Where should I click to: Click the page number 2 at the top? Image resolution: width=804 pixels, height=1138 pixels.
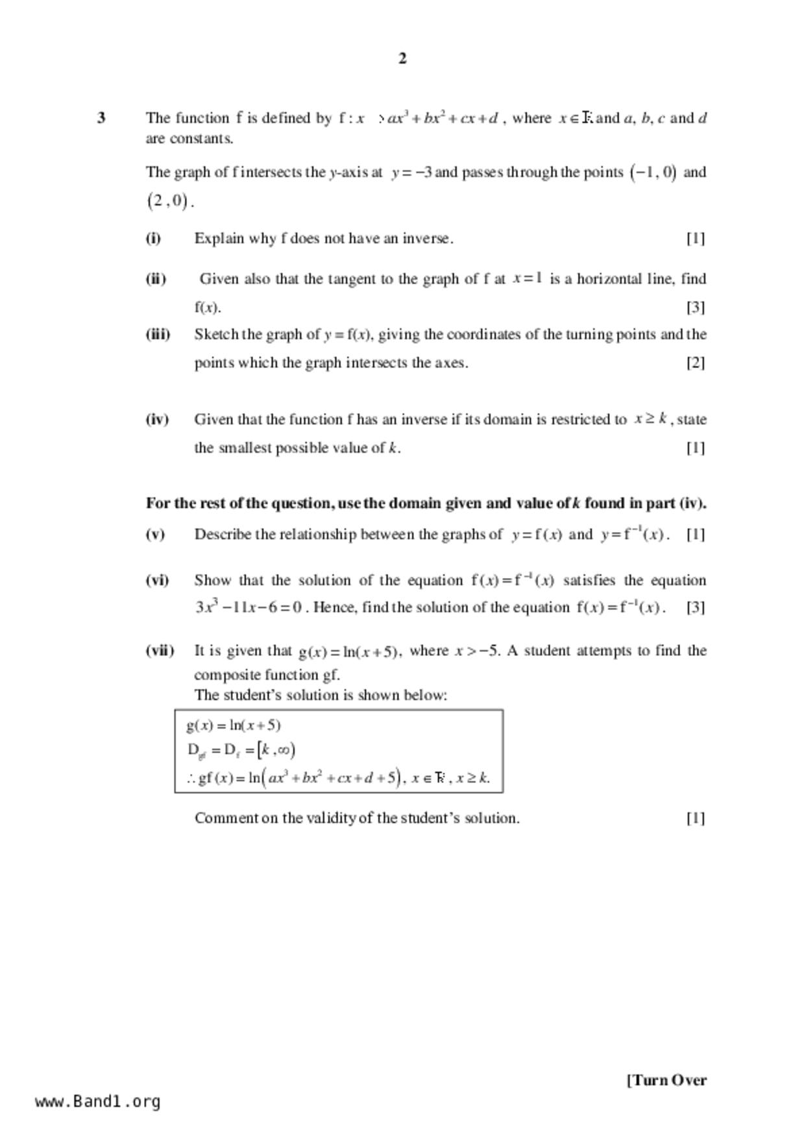click(x=402, y=58)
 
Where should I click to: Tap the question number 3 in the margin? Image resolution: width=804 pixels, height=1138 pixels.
click(x=101, y=118)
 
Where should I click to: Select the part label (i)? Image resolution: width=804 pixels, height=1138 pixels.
click(x=153, y=238)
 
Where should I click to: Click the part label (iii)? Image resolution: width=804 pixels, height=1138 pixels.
click(x=158, y=334)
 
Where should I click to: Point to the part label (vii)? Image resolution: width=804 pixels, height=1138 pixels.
click(x=160, y=650)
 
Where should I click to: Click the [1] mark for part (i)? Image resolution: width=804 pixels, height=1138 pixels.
click(x=695, y=238)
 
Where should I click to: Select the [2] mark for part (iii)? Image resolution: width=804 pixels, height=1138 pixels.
click(x=695, y=363)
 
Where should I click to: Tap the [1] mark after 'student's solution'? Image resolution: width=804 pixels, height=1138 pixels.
click(x=695, y=817)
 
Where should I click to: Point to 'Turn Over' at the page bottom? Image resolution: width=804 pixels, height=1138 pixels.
click(x=667, y=1080)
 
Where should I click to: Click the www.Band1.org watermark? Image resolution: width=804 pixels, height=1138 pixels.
click(x=97, y=1102)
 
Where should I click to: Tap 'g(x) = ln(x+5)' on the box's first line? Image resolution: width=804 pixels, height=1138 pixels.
click(x=234, y=725)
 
